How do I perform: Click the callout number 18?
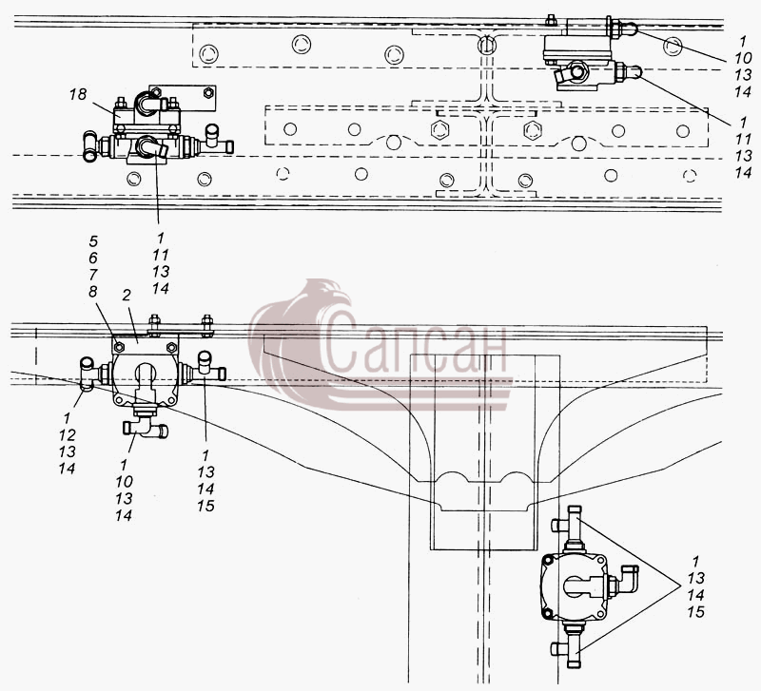(78, 94)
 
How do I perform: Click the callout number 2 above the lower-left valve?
(127, 296)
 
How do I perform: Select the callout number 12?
(68, 435)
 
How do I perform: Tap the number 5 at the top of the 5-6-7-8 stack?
(93, 241)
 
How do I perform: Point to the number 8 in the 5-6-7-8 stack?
(92, 292)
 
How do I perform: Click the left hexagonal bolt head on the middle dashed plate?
(439, 129)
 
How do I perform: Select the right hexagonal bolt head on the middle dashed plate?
(533, 130)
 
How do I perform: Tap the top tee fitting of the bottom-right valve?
(570, 528)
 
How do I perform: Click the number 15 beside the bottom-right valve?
(695, 612)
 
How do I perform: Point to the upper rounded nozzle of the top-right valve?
(629, 29)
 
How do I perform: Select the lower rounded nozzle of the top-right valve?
(633, 72)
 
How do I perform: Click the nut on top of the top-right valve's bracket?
(551, 20)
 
